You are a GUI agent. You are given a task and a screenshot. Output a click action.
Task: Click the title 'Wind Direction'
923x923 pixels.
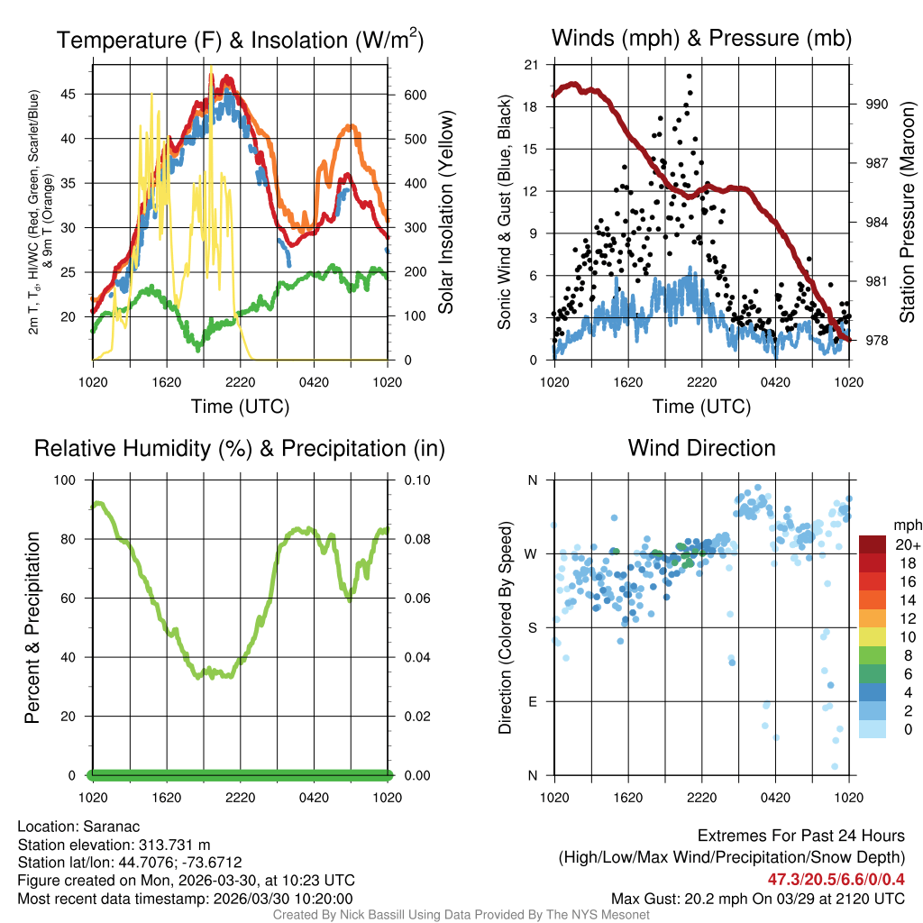(701, 448)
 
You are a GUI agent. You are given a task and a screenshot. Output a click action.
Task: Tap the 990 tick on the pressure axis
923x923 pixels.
(876, 105)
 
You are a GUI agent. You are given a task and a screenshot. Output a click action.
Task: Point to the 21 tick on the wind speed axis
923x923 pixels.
(530, 65)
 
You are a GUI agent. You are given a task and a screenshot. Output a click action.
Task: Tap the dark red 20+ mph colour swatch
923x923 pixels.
(873, 544)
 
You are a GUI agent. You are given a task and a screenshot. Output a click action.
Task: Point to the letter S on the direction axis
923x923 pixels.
(532, 627)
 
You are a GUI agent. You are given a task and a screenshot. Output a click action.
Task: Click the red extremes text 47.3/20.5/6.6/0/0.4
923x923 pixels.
(836, 879)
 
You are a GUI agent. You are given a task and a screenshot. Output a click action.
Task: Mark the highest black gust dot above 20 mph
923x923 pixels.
(689, 77)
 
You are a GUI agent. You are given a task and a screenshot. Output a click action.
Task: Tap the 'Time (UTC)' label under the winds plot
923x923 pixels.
(701, 407)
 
